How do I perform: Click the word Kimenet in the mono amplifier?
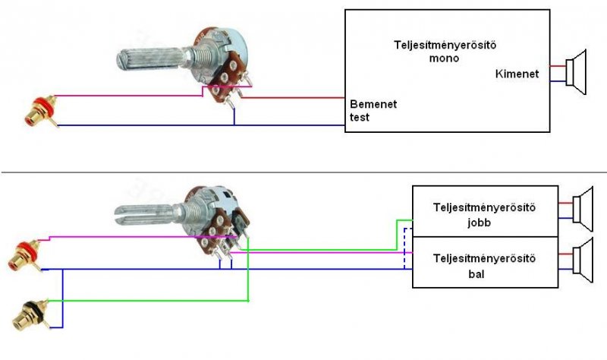pos(517,74)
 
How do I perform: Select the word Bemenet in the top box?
pos(373,104)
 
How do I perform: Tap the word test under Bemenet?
pos(359,117)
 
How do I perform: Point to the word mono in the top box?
pos(444,58)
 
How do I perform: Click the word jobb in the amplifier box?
pos(480,223)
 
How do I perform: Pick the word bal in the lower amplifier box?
pos(476,274)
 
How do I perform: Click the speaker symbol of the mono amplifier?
pos(576,71)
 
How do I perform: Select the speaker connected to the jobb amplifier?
pos(583,209)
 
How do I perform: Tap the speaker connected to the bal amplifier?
pos(583,261)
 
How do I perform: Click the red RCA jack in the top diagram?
pos(40,111)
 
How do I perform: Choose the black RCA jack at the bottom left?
pos(30,314)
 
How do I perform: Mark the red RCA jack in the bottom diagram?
pos(25,255)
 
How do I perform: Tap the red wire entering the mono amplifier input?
pos(293,98)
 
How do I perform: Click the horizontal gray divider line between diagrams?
pos(304,172)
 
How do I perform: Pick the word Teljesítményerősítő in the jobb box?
pos(484,207)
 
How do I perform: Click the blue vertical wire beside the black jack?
pos(62,298)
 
